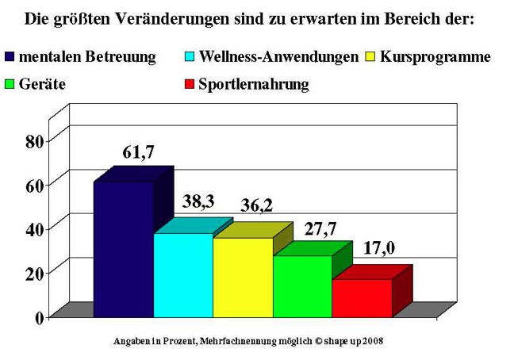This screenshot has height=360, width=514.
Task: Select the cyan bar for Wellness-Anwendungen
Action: click(182, 274)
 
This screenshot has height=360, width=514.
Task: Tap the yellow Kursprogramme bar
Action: click(243, 277)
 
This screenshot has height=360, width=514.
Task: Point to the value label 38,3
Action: click(198, 204)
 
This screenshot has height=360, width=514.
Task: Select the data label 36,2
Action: click(256, 206)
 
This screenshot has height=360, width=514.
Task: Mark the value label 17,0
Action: click(379, 249)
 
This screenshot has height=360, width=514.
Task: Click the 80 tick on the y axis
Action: click(33, 141)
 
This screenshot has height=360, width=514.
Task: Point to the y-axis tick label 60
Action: click(33, 185)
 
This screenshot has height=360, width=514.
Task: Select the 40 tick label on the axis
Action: click(33, 228)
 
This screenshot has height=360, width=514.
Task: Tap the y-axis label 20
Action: click(33, 273)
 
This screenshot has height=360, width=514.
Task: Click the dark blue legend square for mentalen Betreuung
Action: click(10, 56)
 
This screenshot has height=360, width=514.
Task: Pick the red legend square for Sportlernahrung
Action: click(189, 83)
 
